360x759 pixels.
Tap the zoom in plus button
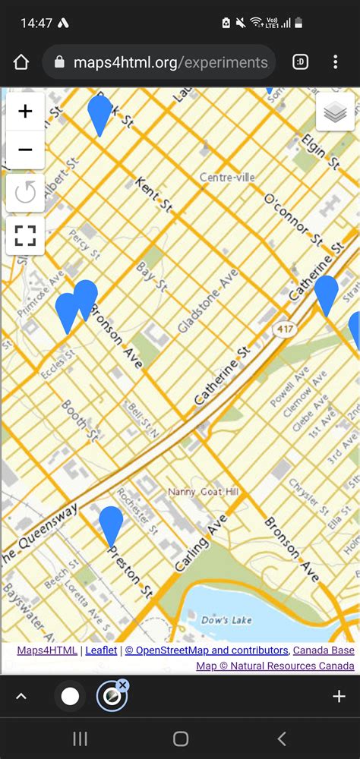click(25, 112)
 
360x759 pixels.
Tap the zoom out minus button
click(25, 150)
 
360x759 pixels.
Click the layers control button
click(335, 113)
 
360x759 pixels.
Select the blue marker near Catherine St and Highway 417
click(326, 294)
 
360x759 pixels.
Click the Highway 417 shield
click(283, 328)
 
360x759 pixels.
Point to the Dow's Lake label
click(226, 620)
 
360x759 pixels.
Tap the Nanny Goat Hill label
click(204, 492)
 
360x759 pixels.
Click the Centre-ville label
click(227, 177)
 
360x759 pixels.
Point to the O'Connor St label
click(293, 219)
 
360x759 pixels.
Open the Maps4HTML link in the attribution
click(47, 650)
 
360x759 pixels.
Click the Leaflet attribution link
click(101, 650)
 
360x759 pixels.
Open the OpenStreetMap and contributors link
click(207, 650)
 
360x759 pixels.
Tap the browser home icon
click(21, 62)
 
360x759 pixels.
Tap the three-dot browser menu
click(335, 62)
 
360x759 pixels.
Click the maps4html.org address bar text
click(170, 62)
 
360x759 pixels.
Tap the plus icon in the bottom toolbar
click(339, 697)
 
